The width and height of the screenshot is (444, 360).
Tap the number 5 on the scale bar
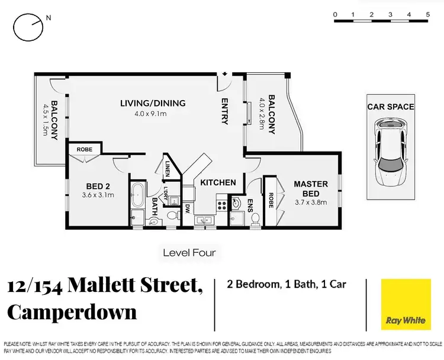[427, 14]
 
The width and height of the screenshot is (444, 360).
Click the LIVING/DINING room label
[153, 103]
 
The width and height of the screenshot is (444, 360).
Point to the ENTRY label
[225, 111]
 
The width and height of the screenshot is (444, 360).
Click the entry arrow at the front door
[225, 74]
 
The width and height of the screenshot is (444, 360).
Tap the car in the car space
[390, 152]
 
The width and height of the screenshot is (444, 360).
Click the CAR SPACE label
[390, 107]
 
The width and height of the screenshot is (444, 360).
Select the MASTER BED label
[311, 189]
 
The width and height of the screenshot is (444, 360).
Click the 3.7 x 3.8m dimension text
[311, 202]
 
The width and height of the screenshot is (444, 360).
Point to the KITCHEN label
[218, 182]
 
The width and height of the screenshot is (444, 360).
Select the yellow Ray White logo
[406, 304]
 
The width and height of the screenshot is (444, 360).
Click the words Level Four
[189, 253]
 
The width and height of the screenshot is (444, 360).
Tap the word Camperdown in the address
[72, 311]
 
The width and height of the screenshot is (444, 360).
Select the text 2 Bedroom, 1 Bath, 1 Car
[287, 284]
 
